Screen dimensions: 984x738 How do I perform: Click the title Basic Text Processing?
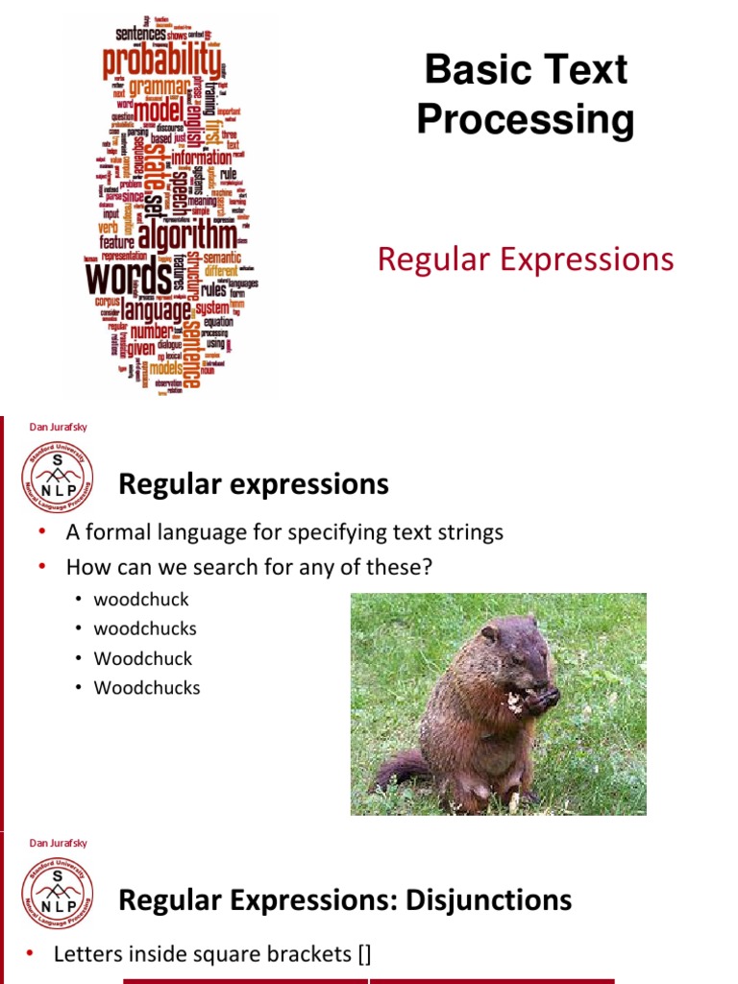(526, 95)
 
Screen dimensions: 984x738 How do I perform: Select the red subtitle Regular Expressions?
(526, 258)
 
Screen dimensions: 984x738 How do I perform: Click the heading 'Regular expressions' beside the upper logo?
(254, 484)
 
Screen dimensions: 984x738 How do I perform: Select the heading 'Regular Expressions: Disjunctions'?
(345, 900)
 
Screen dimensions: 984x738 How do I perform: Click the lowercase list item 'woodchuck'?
(141, 600)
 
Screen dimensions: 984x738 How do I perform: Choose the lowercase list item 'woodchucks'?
(145, 628)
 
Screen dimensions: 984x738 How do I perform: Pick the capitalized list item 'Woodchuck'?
(143, 658)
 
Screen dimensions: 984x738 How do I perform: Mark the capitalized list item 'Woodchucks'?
(147, 688)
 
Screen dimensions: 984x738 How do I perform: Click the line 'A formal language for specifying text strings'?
(284, 532)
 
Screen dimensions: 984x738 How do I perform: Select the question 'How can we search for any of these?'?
(250, 567)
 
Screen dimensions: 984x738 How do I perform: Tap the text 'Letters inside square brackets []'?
(212, 953)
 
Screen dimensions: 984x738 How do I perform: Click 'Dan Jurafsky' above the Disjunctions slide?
(59, 843)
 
